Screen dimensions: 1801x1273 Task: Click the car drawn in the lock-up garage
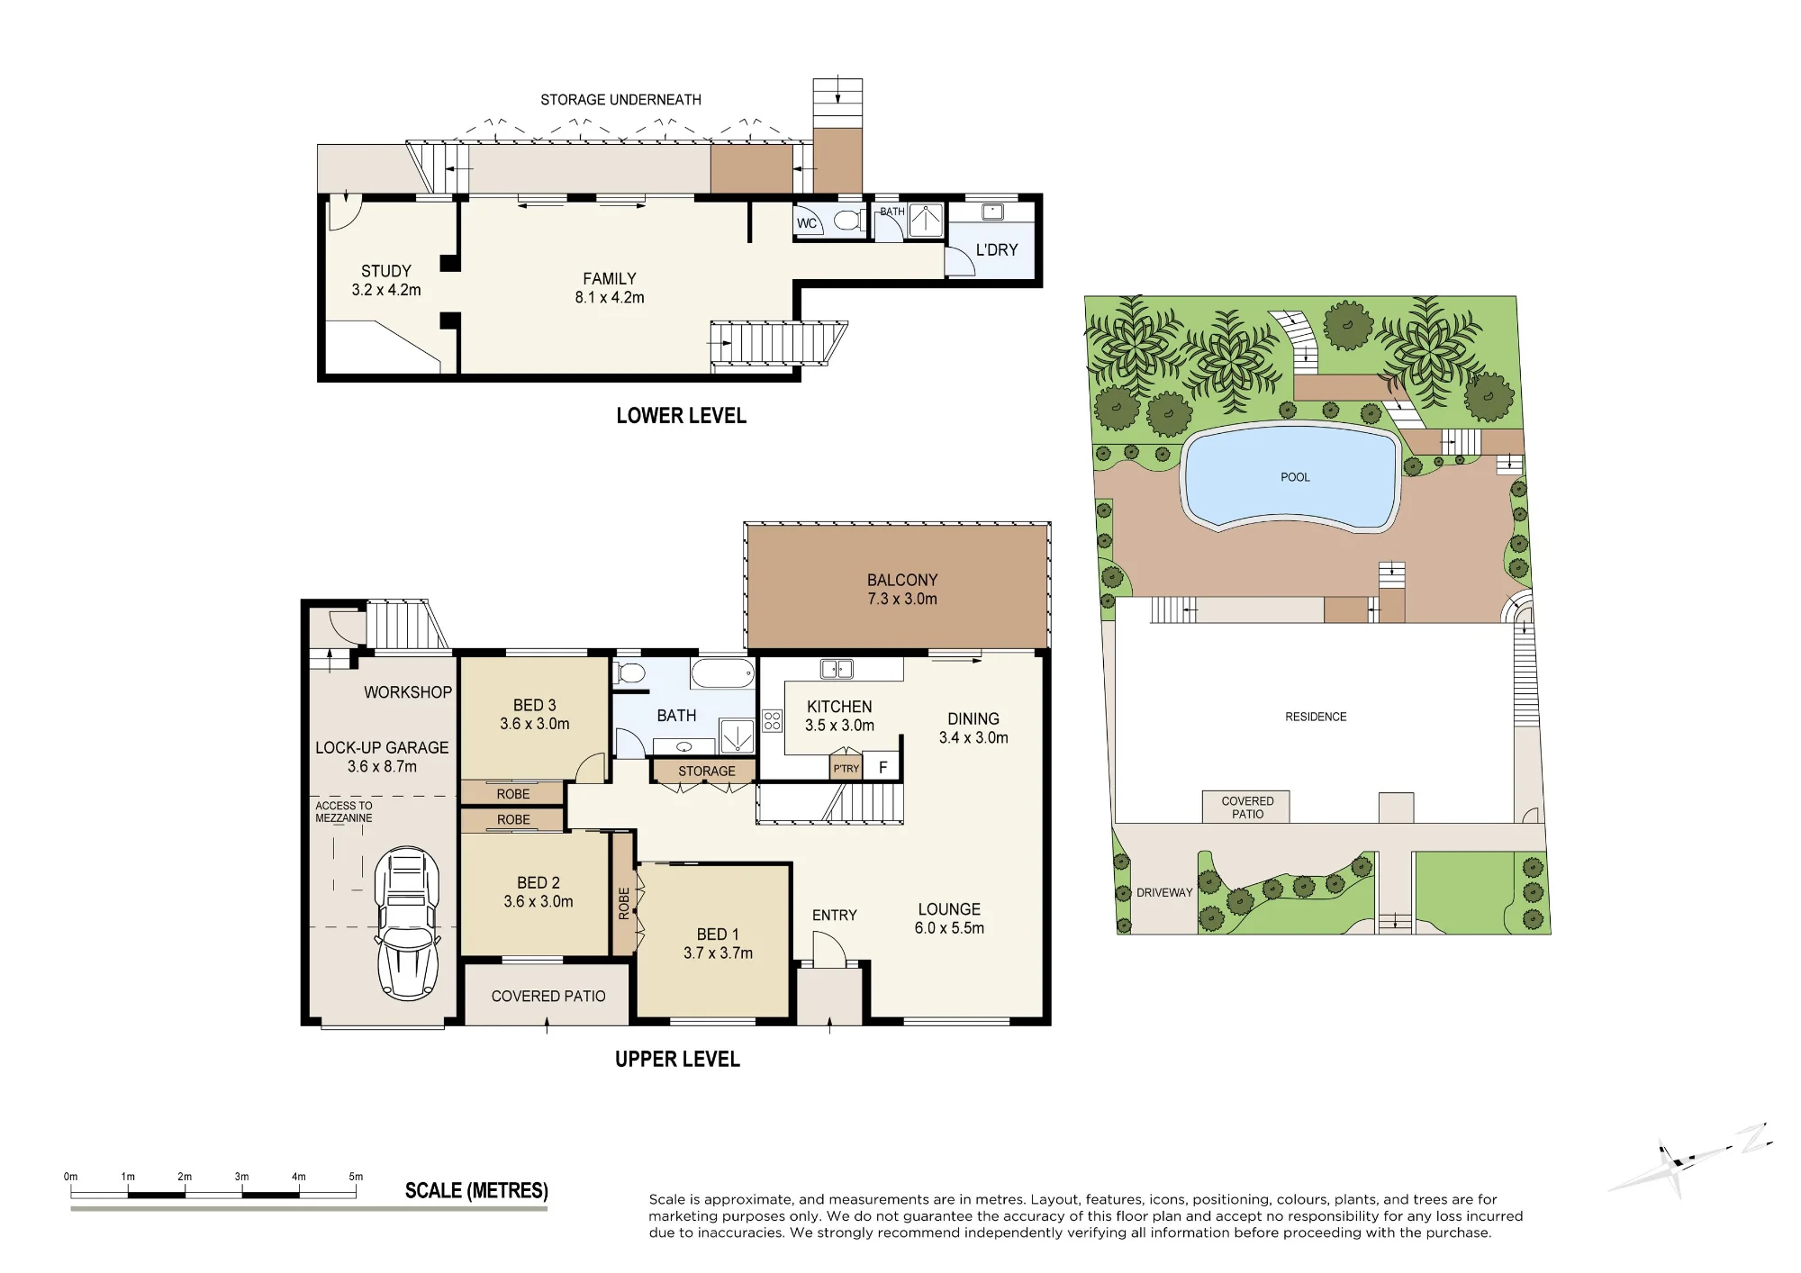[408, 923]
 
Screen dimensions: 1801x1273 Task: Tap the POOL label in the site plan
[1295, 477]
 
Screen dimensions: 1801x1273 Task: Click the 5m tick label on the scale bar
[356, 1177]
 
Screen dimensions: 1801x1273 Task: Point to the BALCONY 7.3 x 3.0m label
[902, 590]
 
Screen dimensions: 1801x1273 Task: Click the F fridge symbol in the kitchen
[882, 768]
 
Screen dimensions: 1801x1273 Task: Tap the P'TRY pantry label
[846, 769]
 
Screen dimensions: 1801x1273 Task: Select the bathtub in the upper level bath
[723, 673]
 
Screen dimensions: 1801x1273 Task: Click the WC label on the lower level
[807, 223]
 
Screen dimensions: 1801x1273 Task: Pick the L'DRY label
[997, 249]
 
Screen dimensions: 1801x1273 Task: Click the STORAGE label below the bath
[707, 772]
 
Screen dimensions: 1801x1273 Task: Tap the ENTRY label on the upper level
[835, 915]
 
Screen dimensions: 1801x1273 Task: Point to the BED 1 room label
[718, 943]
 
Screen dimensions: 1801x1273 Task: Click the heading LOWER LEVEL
[682, 416]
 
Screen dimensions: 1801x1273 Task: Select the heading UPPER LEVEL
[677, 1060]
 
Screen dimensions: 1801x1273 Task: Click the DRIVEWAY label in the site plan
[1164, 893]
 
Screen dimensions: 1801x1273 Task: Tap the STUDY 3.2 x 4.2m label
[386, 280]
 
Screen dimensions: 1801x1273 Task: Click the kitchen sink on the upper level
[837, 669]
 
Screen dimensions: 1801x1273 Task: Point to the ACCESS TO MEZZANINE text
[343, 812]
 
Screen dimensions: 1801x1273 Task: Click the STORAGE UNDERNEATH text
[620, 100]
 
